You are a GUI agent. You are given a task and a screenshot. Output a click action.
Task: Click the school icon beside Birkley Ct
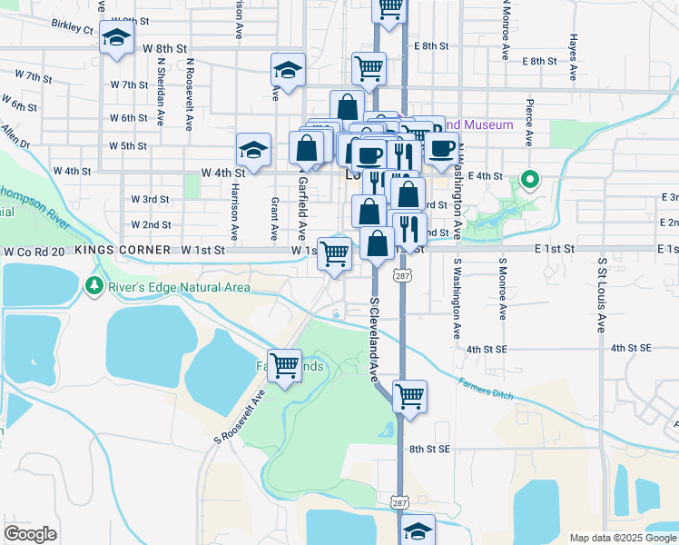tap(115, 39)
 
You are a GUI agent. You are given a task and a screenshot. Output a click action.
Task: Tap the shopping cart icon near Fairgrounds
tap(285, 366)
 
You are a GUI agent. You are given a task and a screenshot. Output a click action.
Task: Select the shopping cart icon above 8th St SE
tap(409, 396)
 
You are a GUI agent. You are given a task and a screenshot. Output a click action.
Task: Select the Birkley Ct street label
tap(73, 26)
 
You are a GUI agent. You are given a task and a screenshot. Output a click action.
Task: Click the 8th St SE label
tap(429, 449)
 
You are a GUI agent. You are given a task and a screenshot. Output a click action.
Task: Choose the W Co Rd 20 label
tap(36, 250)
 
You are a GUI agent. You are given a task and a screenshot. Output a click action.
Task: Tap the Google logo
tap(31, 534)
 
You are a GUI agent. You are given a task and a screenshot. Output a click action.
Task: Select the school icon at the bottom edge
tap(418, 530)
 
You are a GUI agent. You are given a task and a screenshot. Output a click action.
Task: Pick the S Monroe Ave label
tap(502, 289)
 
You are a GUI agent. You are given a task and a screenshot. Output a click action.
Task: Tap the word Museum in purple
tap(493, 124)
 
